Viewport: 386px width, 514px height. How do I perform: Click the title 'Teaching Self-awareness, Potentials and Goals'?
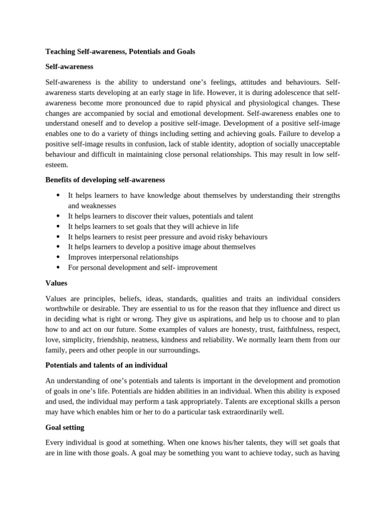pyautogui.click(x=120, y=51)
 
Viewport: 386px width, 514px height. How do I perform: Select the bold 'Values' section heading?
pyautogui.click(x=56, y=283)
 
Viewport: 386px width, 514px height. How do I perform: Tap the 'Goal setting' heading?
pyautogui.click(x=65, y=427)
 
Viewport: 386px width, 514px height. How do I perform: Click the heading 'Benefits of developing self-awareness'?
pyautogui.click(x=105, y=179)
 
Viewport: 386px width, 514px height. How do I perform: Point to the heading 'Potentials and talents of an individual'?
pyautogui.click(x=106, y=365)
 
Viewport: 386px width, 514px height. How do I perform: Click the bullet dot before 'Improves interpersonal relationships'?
pyautogui.click(x=58, y=257)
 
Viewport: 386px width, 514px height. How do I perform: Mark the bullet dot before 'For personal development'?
pyautogui.click(x=58, y=268)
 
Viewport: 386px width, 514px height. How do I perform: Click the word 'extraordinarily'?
pyautogui.click(x=242, y=412)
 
